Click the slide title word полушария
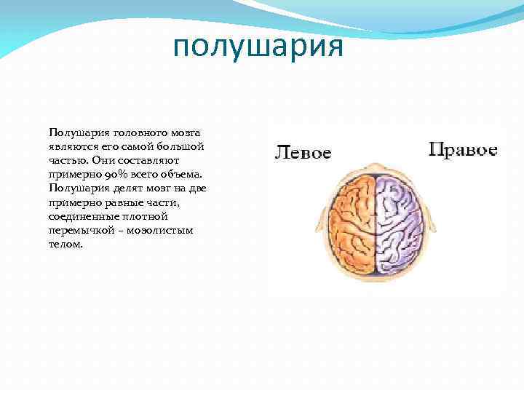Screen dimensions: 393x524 pos(258,48)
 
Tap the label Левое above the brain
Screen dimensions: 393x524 pos(303,153)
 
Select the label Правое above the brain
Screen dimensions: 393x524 pos(463,151)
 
